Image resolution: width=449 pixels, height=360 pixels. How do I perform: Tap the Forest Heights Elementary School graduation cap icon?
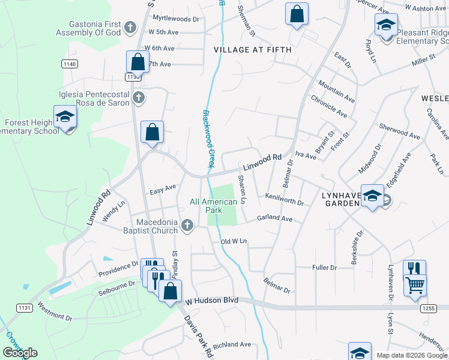pyautogui.click(x=65, y=117)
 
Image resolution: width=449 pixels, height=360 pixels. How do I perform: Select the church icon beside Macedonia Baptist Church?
pyautogui.click(x=187, y=226)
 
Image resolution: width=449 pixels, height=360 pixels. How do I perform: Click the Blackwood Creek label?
pyautogui.click(x=208, y=139)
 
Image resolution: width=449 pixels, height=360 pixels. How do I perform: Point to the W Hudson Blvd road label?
pyautogui.click(x=212, y=299)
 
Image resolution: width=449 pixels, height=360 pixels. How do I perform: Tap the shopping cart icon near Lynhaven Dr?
pyautogui.click(x=415, y=285)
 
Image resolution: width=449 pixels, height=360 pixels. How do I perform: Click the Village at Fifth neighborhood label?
pyautogui.click(x=252, y=50)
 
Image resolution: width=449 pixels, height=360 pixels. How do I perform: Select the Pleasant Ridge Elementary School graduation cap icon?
pyautogui.click(x=386, y=25)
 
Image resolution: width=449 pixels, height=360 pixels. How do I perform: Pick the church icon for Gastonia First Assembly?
pyautogui.click(x=132, y=27)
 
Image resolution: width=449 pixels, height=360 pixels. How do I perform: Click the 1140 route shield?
pyautogui.click(x=69, y=64)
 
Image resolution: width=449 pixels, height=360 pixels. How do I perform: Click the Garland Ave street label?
pyautogui.click(x=274, y=219)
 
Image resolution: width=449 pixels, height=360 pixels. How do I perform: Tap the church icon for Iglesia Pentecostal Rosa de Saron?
pyautogui.click(x=139, y=98)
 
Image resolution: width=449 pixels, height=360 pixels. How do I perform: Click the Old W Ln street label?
pyautogui.click(x=234, y=241)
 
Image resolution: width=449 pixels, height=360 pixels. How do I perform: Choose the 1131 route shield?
pyautogui.click(x=24, y=308)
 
